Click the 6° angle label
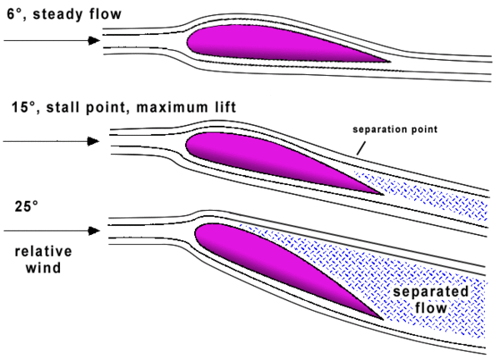click(12, 13)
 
